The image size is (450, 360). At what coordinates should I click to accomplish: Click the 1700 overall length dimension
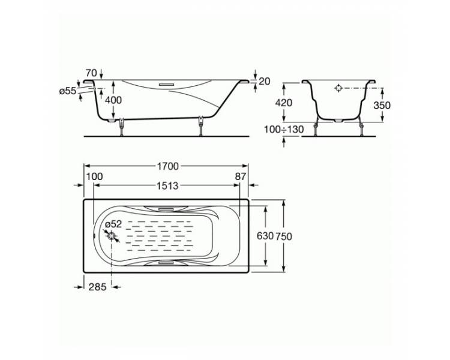point(167,166)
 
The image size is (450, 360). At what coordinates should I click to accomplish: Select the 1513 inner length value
point(167,186)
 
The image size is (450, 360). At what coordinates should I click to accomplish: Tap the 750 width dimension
point(284,236)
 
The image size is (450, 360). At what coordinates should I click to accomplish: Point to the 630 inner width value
point(265,236)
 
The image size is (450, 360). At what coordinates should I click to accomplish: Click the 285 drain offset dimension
point(97,287)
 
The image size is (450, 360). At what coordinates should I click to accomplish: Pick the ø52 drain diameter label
point(113,224)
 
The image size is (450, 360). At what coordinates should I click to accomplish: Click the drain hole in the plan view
point(112,236)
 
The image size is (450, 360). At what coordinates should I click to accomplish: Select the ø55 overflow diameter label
point(68,91)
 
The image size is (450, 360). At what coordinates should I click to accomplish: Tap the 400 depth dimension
point(113,100)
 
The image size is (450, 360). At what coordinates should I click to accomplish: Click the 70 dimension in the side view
point(91,73)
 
